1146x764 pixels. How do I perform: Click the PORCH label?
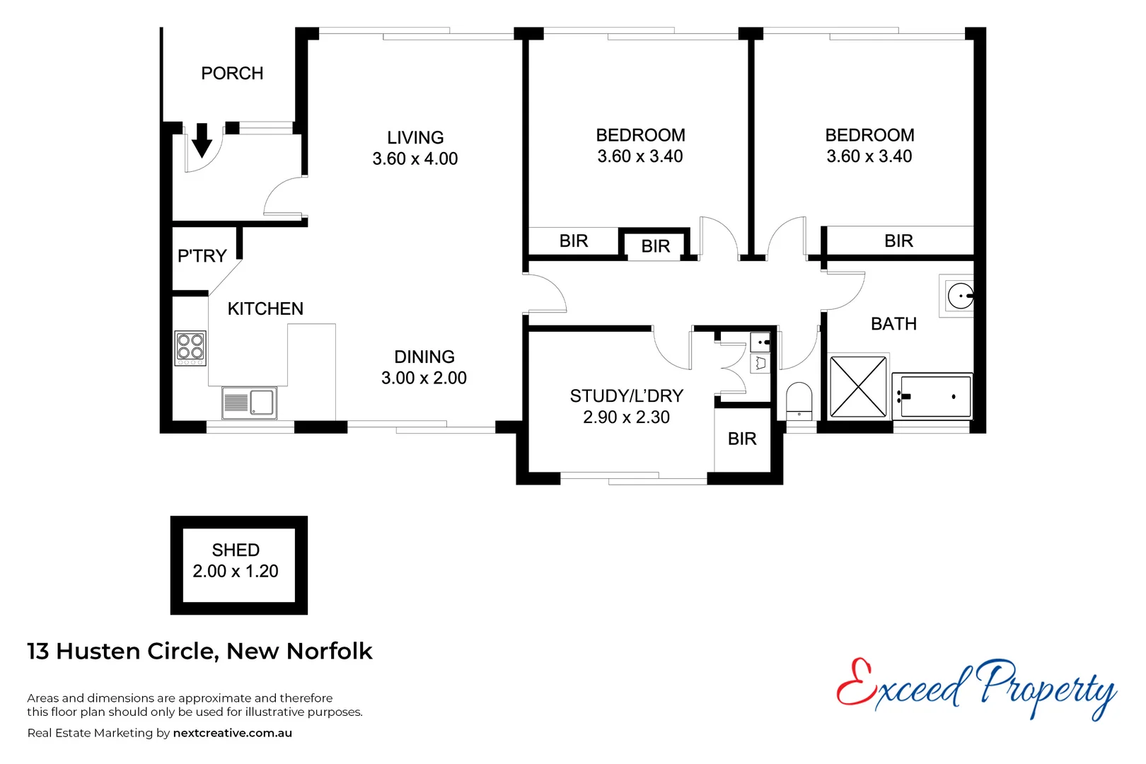tap(232, 74)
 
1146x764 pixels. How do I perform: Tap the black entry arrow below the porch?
tap(202, 140)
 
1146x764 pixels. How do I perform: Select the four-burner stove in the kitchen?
tap(190, 347)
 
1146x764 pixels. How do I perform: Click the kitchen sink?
tap(249, 403)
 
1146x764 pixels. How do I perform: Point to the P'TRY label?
tap(202, 256)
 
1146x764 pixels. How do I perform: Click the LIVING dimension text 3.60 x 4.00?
tap(415, 159)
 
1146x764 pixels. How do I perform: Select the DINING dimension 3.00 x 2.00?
tap(424, 378)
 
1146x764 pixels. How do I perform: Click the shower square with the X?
tap(857, 387)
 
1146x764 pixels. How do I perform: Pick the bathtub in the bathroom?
tap(932, 396)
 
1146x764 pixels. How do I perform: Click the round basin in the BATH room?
tap(960, 296)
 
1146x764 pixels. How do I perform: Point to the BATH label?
tap(893, 324)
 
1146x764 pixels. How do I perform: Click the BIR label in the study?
tap(742, 439)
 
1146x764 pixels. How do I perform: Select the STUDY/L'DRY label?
tap(626, 396)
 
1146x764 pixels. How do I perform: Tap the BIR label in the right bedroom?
tap(898, 241)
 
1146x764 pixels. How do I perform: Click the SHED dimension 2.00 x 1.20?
tap(236, 572)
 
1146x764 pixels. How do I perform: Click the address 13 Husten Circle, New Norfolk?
tap(199, 652)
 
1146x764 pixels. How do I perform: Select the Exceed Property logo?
tap(976, 686)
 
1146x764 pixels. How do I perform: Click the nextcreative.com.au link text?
tap(232, 734)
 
